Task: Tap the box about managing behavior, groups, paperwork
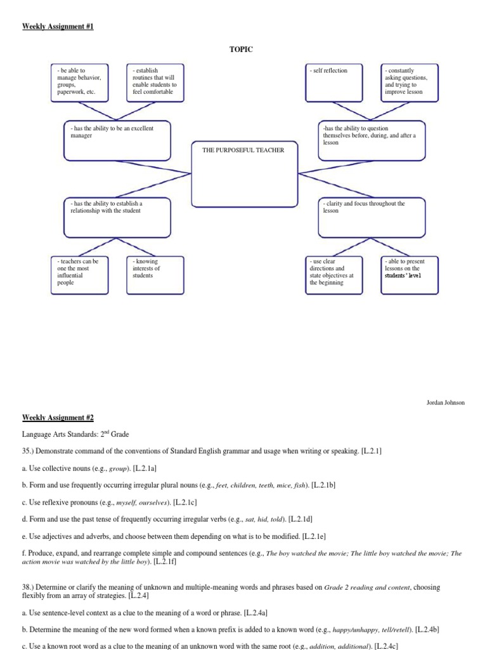coord(79,82)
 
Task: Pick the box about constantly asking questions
coord(409,82)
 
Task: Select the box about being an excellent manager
coord(118,140)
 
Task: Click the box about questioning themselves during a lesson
coord(372,140)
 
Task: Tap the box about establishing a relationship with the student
coord(118,216)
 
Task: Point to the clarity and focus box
coord(372,216)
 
